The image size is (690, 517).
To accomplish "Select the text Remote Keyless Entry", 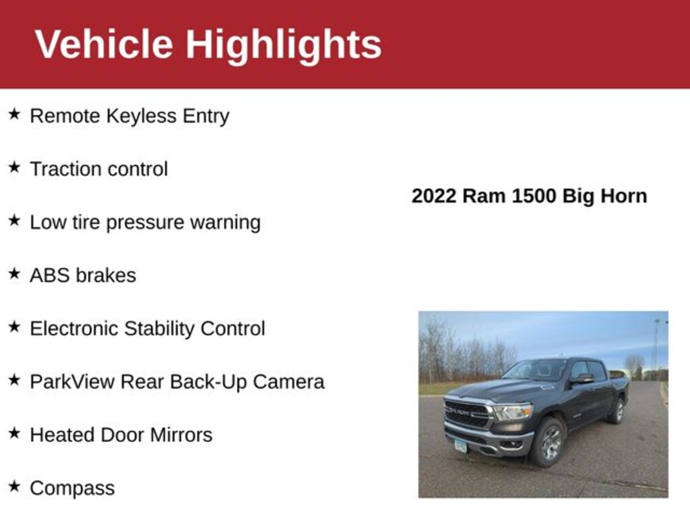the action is tap(129, 116).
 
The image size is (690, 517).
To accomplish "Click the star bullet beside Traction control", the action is tap(15, 167).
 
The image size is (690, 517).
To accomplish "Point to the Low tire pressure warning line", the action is tap(146, 222).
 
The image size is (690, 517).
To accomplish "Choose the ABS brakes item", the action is tap(83, 275).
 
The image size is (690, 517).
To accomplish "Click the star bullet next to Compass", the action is tap(15, 486).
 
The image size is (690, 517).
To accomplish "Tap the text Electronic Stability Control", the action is tap(148, 329).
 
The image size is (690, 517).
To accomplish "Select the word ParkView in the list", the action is tap(72, 382).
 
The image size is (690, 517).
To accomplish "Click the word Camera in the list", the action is tap(288, 382).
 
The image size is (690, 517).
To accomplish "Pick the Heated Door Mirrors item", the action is tap(121, 436).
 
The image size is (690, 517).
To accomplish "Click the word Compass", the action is tap(72, 489).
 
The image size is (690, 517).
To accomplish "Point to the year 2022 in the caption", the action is tap(434, 196).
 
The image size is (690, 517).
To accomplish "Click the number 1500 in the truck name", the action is tap(534, 196).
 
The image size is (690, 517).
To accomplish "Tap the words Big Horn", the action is tap(604, 196).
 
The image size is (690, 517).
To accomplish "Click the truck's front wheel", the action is tap(548, 442).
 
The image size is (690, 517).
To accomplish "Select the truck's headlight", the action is tap(513, 413).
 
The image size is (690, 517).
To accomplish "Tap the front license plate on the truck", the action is tap(461, 446).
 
